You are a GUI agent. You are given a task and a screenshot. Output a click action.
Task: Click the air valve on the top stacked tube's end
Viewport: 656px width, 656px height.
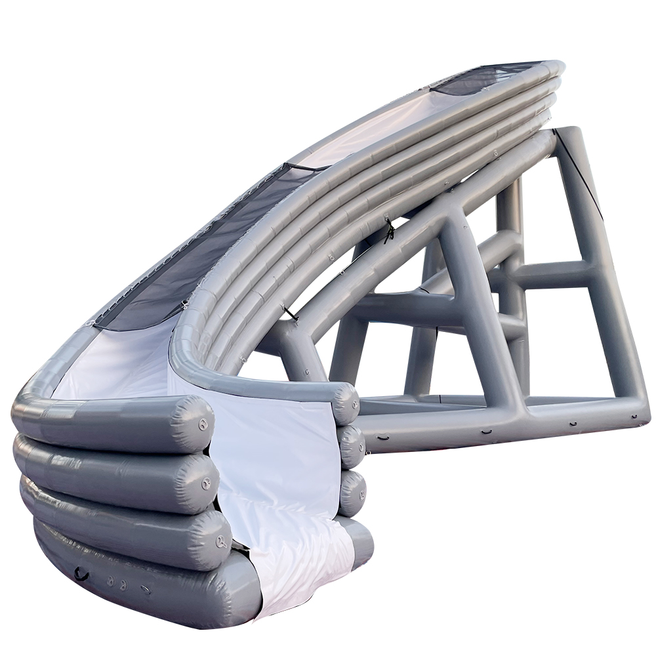coord(204,424)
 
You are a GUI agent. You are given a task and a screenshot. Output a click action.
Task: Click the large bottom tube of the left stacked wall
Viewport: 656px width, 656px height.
coord(131,584)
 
